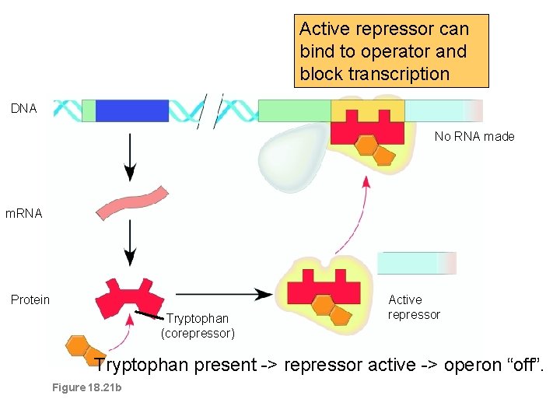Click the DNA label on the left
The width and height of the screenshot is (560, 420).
(23, 109)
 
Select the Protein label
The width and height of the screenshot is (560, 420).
(30, 299)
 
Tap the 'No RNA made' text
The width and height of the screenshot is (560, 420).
(474, 136)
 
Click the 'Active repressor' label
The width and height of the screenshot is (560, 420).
(414, 307)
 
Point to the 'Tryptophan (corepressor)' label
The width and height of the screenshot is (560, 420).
(198, 326)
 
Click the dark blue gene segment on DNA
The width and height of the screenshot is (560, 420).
(131, 110)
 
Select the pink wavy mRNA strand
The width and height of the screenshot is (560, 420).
(131, 203)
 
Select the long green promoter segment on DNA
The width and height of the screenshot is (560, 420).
(293, 110)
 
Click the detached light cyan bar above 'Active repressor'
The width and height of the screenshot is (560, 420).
(416, 263)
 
